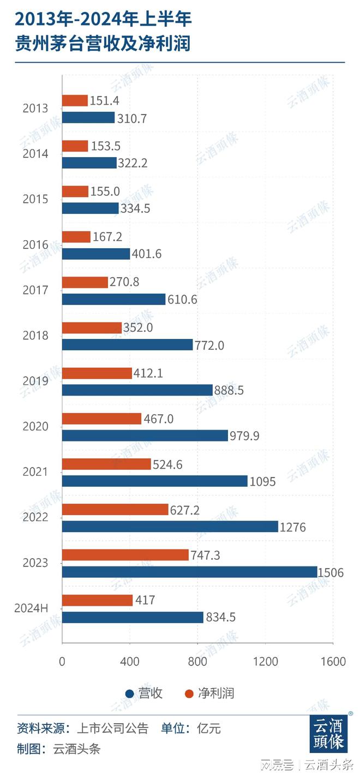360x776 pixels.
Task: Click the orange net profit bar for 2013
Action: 75,100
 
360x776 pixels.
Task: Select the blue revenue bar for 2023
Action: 189,571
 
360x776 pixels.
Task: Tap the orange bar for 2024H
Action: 97,600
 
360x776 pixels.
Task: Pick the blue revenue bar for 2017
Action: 113,299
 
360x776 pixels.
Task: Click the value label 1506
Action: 332,572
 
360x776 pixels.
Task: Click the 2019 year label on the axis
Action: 35,381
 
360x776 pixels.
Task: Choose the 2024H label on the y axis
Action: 32,608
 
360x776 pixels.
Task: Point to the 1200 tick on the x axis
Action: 265,662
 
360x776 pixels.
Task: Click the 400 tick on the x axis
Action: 130,662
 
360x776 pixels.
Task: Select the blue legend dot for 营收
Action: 130,694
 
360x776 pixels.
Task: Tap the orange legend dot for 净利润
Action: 190,694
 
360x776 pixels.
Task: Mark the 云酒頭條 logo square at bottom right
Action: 328,734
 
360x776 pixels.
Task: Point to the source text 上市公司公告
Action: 112,729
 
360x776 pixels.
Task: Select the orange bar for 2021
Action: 106,464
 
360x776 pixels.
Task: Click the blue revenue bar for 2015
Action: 90,208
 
